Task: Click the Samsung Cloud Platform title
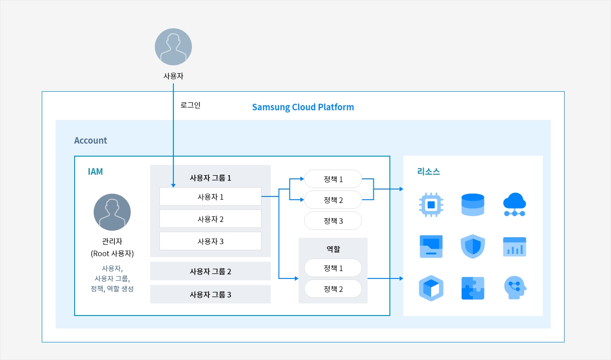click(x=303, y=107)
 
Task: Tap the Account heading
click(x=90, y=140)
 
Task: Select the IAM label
click(x=95, y=171)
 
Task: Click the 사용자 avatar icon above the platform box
click(x=173, y=47)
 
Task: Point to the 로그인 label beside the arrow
click(x=191, y=105)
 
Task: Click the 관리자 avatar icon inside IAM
click(x=112, y=212)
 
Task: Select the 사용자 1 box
click(x=210, y=196)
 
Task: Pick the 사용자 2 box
click(x=210, y=219)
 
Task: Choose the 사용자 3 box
click(x=210, y=241)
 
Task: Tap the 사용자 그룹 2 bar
click(x=210, y=271)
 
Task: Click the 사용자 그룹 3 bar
click(x=210, y=294)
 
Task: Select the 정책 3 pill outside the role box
click(x=333, y=221)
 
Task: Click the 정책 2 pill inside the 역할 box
click(x=333, y=289)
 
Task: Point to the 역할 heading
click(x=333, y=249)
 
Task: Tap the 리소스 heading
click(x=428, y=171)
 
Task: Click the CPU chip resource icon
click(x=431, y=205)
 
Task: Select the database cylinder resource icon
click(x=473, y=205)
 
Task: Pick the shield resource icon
click(x=473, y=246)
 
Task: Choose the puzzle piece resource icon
click(x=473, y=288)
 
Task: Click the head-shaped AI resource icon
click(x=515, y=288)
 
